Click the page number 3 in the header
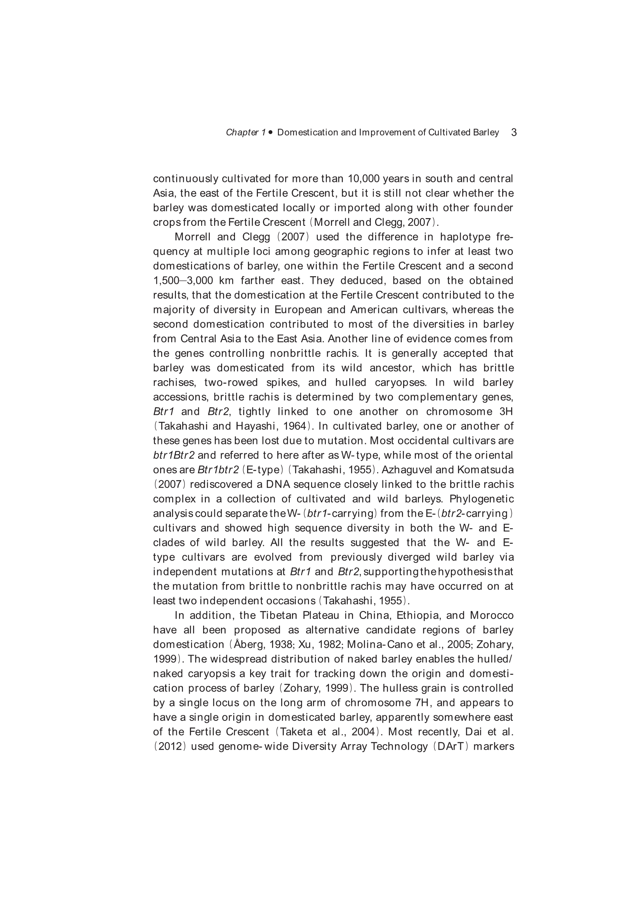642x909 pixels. pos(514,132)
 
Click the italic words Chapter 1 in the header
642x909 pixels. pos(245,133)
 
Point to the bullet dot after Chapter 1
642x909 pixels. pos(271,132)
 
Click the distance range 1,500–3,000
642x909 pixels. pos(183,281)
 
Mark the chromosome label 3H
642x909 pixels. pos(506,412)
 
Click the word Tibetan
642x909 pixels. pos(278,615)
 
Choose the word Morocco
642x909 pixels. pos(492,615)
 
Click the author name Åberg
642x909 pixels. pos(249,645)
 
